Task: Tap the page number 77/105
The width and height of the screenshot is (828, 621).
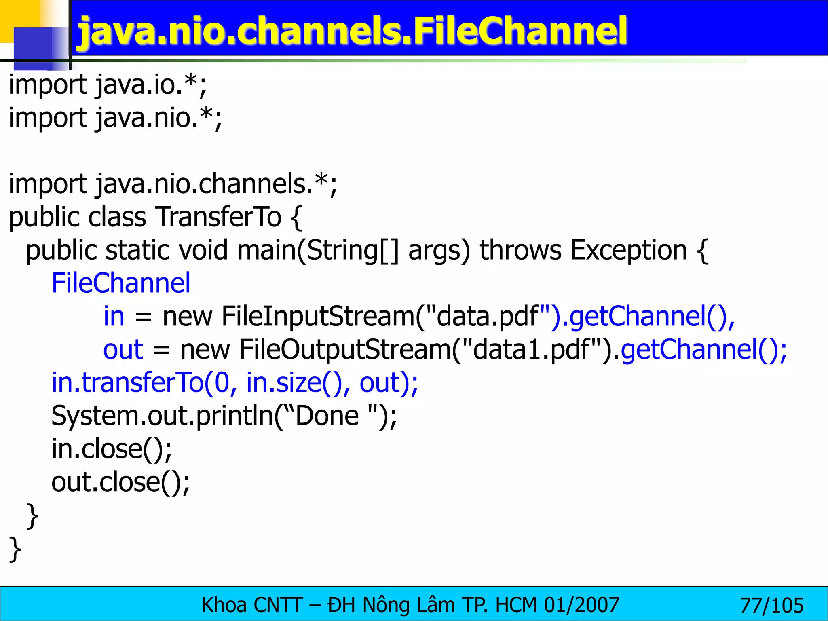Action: coord(771,606)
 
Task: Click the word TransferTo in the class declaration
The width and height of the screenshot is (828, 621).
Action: coord(218,217)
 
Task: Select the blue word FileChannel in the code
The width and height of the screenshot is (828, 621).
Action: coord(121,283)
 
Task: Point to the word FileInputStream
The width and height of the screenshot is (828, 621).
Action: coord(318,316)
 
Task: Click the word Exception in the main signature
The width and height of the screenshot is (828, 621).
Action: coord(628,250)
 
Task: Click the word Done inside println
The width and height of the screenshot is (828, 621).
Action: coord(327,416)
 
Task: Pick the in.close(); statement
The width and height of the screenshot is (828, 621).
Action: coord(112,449)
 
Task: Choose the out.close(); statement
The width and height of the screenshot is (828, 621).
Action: coord(120,482)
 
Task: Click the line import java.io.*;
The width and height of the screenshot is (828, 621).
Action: coord(108,85)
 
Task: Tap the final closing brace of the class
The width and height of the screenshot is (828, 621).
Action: coord(15,549)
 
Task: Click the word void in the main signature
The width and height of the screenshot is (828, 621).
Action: coord(203,250)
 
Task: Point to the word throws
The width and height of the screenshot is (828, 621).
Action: coord(520,250)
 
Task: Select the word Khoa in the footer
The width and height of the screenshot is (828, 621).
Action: coord(224,606)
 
